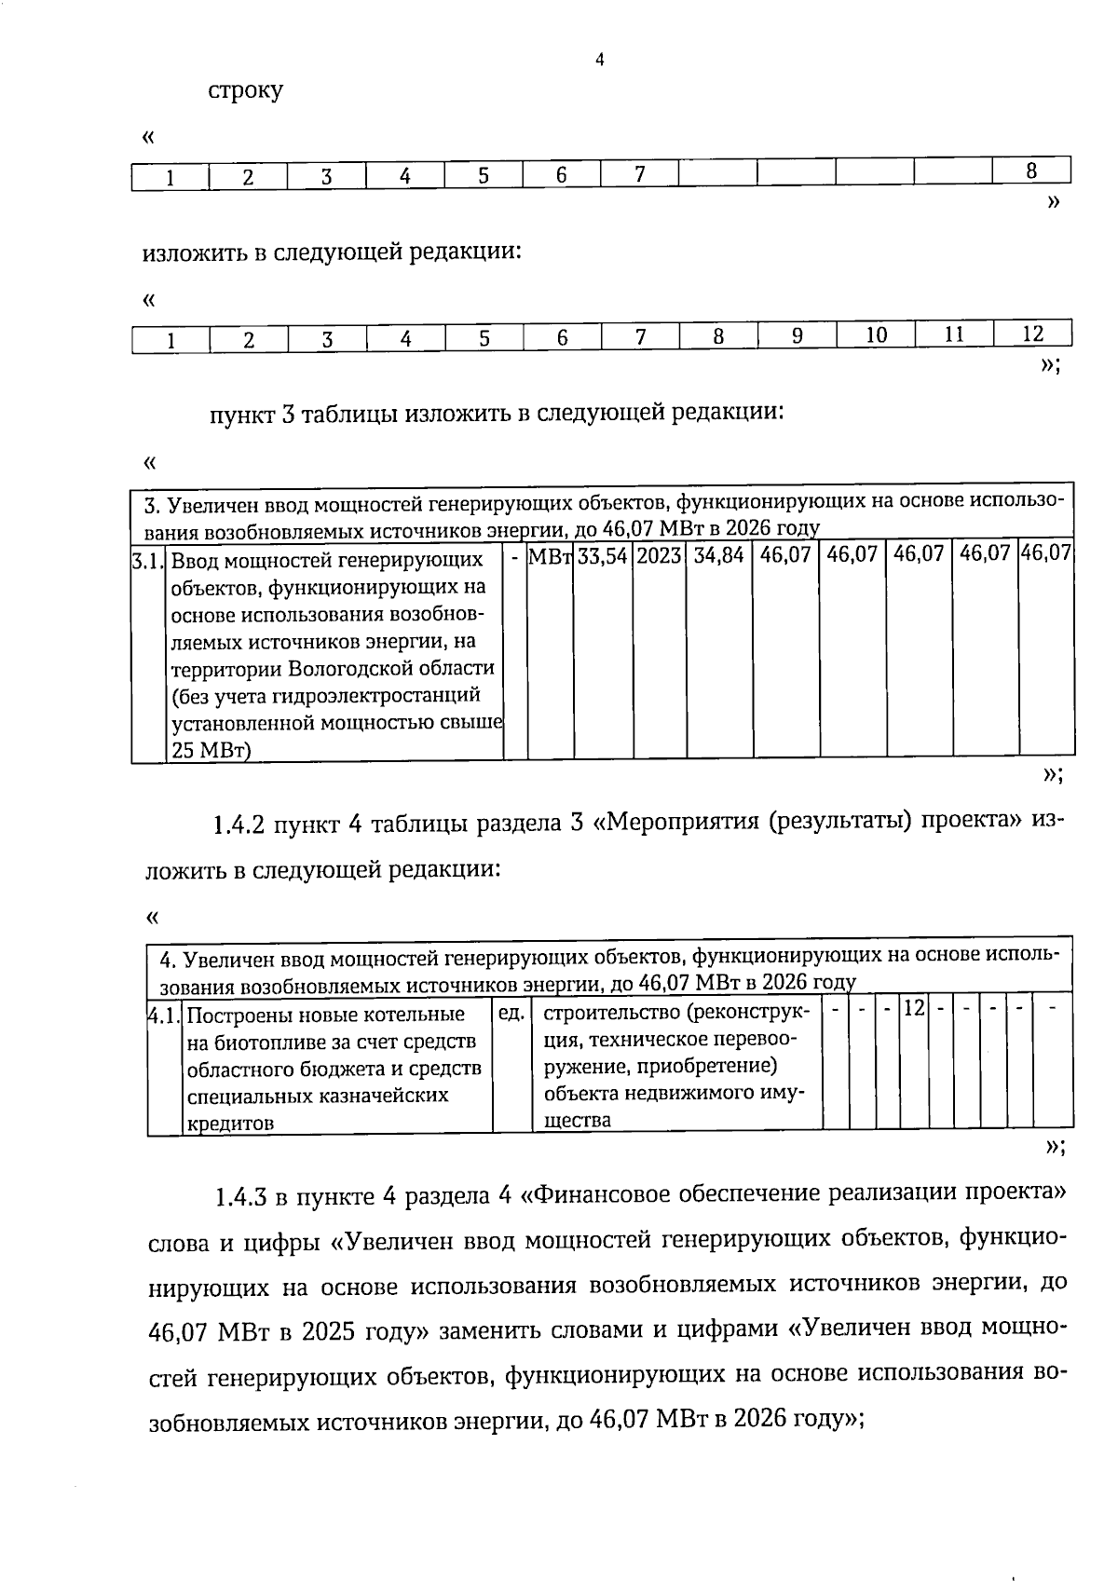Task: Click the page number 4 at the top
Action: coord(600,61)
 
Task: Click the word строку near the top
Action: coord(246,91)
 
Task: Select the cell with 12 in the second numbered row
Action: coord(1032,335)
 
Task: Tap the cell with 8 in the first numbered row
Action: coord(1031,172)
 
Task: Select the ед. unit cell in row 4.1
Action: coord(511,1012)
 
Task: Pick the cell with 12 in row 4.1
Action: coord(913,1009)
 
